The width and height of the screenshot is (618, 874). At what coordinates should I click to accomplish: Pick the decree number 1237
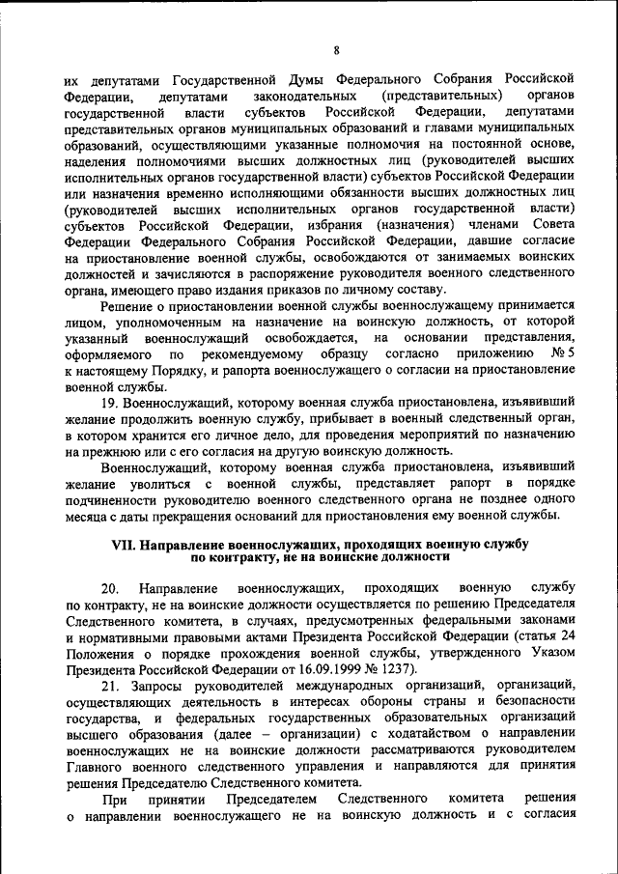pos(394,668)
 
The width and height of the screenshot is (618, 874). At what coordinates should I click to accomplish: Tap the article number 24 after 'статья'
pos(568,635)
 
